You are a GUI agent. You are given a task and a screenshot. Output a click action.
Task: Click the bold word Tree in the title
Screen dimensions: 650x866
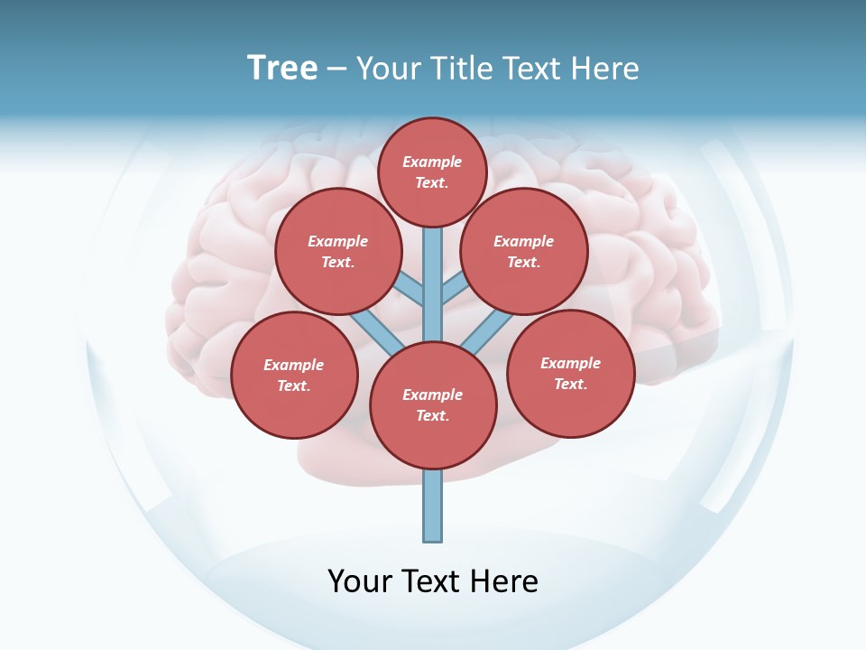pos(282,69)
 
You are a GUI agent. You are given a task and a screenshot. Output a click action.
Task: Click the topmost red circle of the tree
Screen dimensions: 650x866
pos(432,172)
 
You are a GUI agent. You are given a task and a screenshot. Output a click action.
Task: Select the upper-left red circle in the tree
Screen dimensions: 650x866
pos(338,251)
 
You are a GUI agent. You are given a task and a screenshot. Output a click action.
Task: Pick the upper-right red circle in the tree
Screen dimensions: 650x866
pos(524,251)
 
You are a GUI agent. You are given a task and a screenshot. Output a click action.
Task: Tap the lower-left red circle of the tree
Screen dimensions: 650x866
pos(294,375)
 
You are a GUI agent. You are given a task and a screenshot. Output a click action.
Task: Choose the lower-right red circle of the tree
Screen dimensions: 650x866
pos(570,373)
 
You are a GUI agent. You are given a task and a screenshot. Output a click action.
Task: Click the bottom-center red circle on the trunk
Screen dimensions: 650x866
pos(433,405)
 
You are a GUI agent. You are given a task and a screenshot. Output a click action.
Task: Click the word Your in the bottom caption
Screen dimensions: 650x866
pos(358,581)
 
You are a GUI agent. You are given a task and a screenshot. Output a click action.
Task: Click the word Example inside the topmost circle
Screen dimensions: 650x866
pos(432,162)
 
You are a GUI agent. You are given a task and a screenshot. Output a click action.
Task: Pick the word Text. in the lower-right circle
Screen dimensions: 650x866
pos(570,384)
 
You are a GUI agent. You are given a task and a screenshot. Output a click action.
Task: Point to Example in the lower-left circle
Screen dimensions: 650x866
pos(294,365)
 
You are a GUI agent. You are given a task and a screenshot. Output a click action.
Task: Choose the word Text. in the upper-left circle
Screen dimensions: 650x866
pos(338,262)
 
